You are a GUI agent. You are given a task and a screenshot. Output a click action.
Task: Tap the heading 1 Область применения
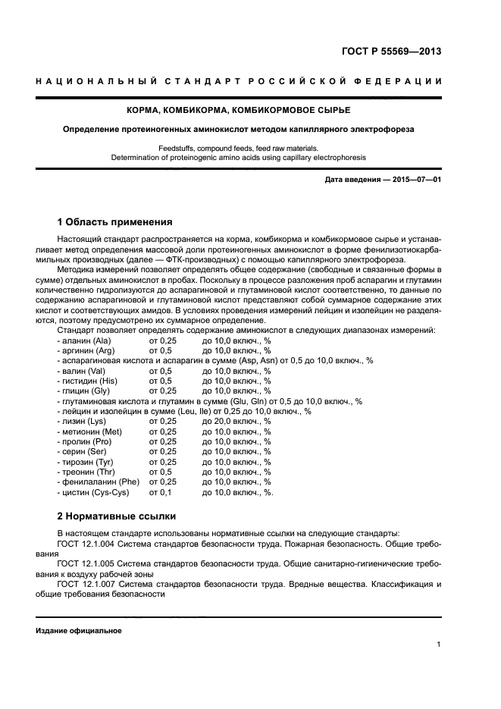pos(114,222)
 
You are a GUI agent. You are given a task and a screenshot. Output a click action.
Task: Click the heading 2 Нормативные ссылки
pos(117,516)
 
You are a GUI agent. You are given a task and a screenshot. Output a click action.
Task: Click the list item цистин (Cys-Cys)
pos(93,492)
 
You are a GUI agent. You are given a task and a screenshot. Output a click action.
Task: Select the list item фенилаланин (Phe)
pos(97,482)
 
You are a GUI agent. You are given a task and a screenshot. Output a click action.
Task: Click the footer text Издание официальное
pos(78,631)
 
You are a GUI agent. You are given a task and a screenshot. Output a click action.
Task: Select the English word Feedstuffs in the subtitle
pos(177,148)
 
